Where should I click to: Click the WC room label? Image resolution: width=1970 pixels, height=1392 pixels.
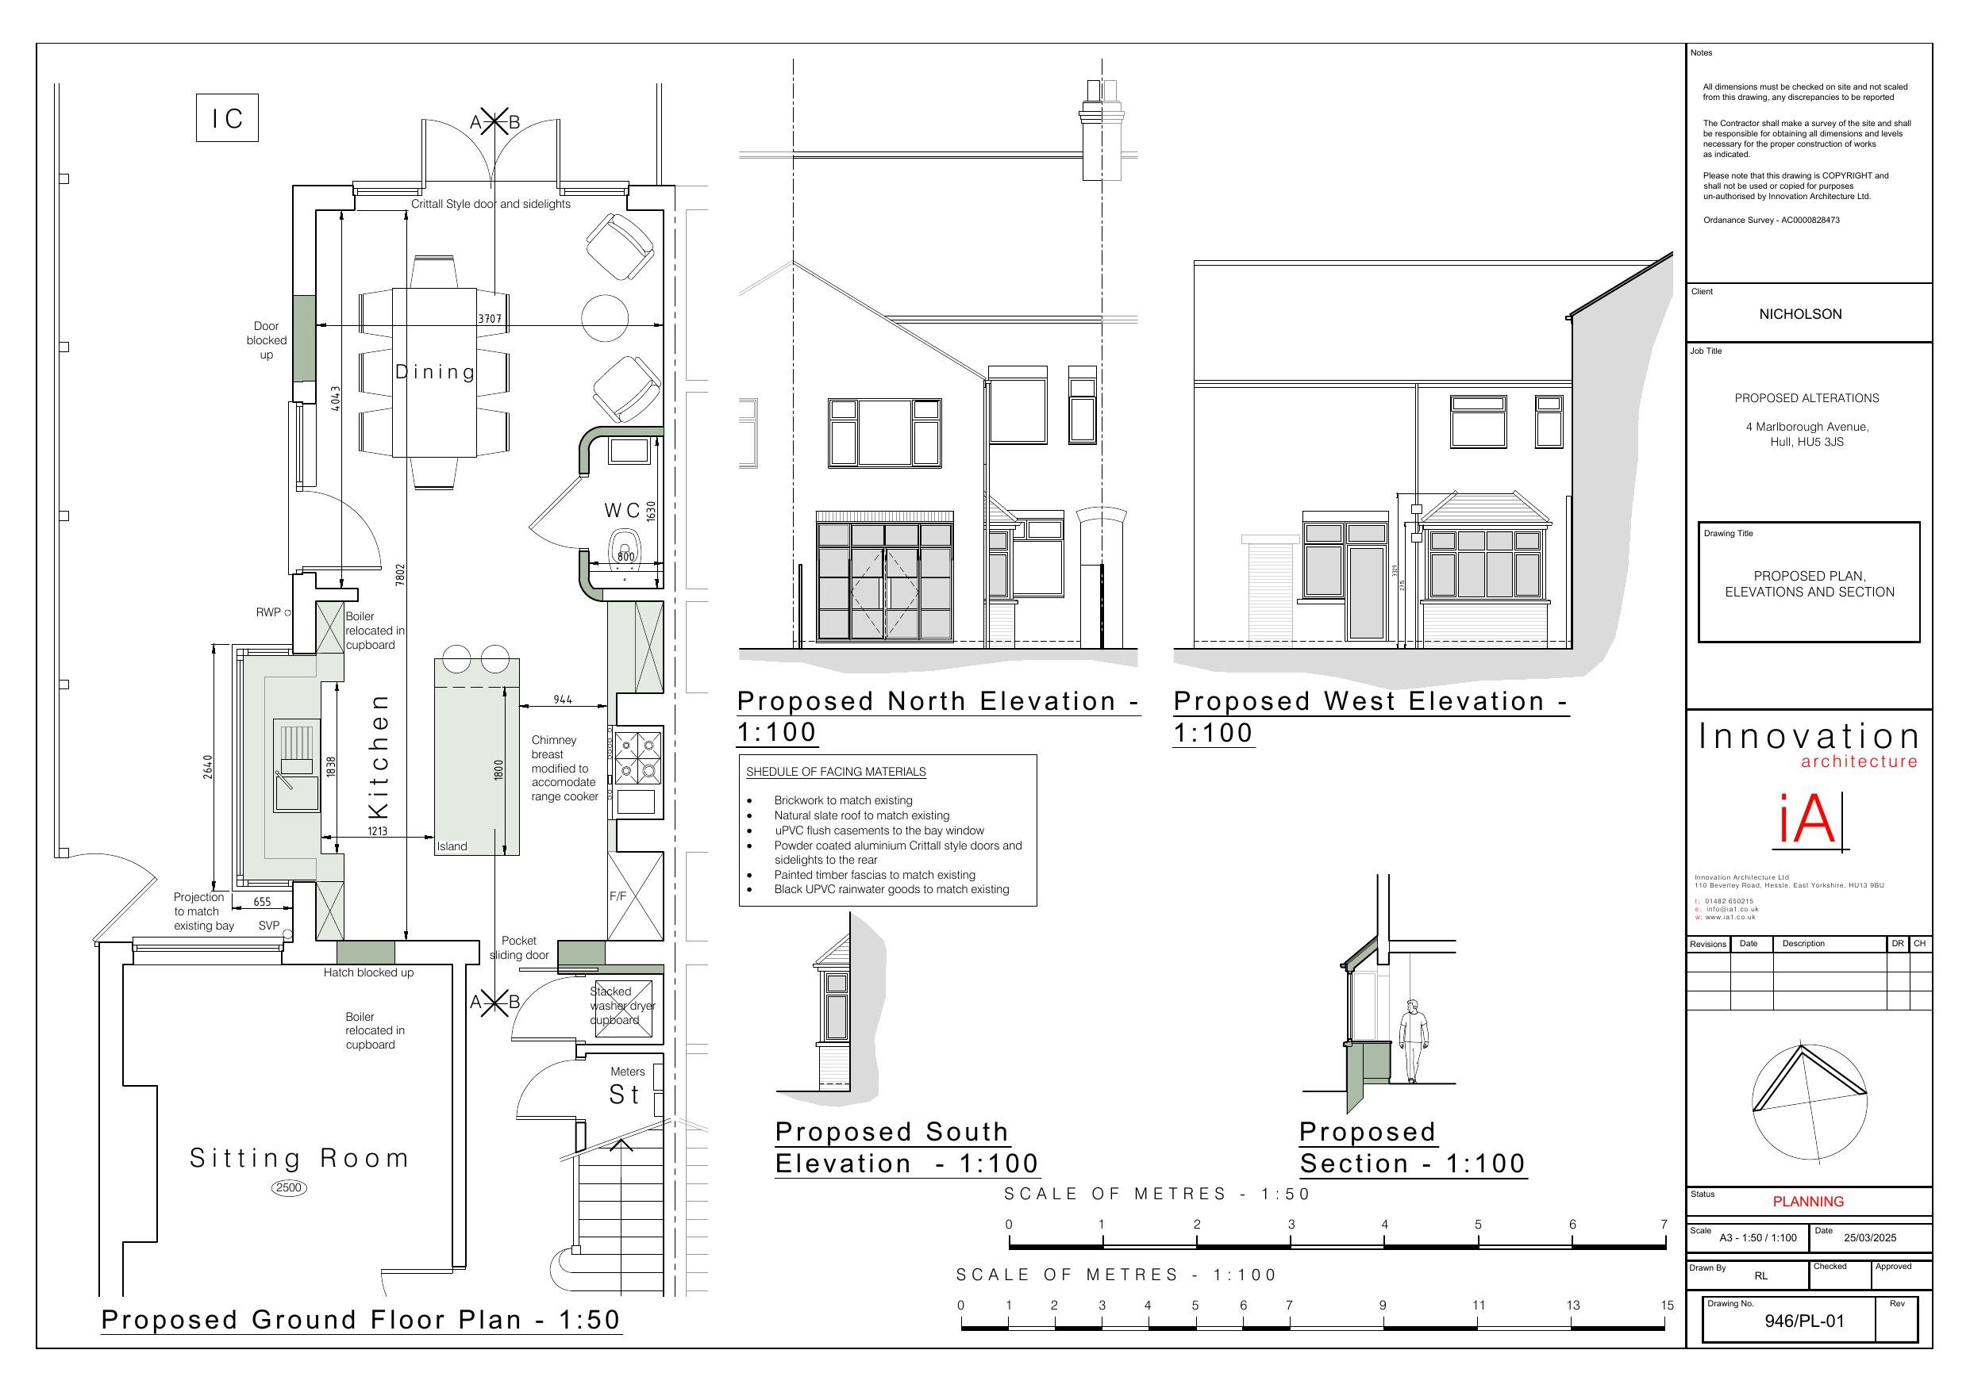[x=622, y=510]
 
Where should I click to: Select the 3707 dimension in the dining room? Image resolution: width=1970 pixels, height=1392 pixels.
[x=489, y=319]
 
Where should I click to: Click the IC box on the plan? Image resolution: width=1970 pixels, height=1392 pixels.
[x=227, y=118]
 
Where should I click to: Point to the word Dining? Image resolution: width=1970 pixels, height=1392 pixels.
[x=435, y=372]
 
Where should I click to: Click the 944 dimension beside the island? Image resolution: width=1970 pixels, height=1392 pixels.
[x=562, y=700]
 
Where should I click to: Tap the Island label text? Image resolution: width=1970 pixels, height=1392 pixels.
[x=452, y=846]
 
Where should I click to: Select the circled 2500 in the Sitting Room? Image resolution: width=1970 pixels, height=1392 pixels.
[x=288, y=1188]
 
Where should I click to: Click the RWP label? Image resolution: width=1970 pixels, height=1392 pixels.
[x=267, y=612]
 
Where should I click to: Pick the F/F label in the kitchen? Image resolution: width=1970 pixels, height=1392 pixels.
[x=618, y=897]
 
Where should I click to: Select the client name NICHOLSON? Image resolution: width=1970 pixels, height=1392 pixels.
[x=1800, y=315]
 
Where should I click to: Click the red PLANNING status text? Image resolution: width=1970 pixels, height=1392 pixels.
[x=1808, y=1202]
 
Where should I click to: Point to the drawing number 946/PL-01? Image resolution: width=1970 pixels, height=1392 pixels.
[x=1803, y=1321]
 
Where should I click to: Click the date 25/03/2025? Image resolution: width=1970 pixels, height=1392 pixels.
[x=1870, y=1237]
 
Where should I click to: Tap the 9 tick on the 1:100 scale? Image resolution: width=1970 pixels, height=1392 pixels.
[x=1383, y=1306]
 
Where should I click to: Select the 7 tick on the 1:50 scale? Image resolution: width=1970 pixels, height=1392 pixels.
[x=1664, y=1225]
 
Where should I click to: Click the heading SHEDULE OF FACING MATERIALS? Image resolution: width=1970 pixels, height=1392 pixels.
[x=836, y=772]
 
